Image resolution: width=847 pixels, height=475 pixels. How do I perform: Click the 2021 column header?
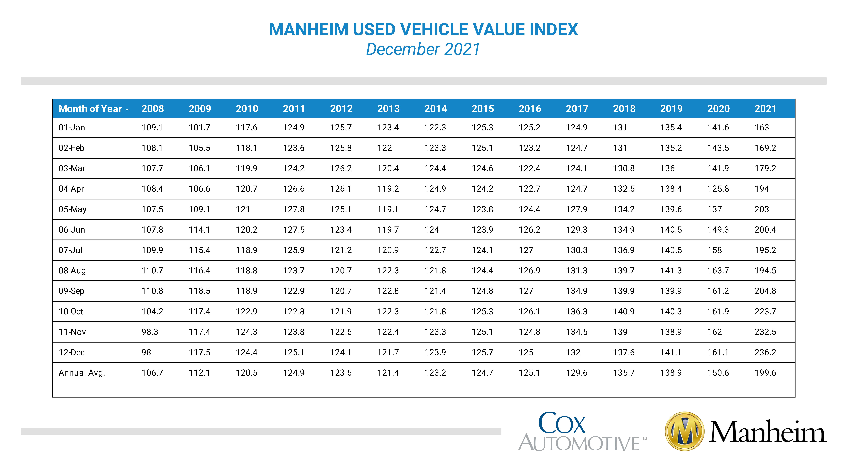coord(765,109)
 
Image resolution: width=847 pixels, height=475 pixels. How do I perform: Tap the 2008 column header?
coord(153,109)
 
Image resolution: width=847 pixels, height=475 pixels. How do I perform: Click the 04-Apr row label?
coord(71,189)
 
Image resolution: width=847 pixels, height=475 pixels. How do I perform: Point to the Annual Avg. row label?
coord(82,373)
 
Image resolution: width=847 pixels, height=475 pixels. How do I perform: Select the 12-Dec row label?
coord(72,353)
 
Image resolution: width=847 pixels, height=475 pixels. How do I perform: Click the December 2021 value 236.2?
coord(765,353)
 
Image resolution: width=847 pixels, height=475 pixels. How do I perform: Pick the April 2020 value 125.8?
coord(718,189)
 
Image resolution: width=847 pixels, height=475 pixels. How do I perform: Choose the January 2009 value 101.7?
coord(199,127)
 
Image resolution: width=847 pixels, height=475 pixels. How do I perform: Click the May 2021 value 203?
coord(761,209)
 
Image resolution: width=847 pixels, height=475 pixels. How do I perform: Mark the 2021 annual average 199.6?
coord(765,373)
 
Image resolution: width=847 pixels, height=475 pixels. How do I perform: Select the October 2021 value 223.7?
coord(765,311)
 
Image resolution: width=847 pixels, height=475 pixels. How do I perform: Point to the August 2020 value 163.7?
coord(718,271)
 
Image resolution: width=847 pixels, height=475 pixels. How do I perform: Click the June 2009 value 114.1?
coord(199,230)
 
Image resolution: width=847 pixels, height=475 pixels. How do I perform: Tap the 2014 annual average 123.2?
coord(435,373)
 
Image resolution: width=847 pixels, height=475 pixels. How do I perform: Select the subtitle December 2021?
coord(423,49)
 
